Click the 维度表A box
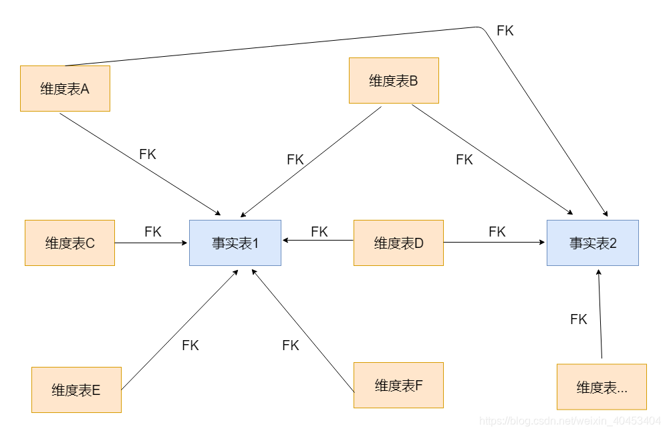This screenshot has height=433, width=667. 65,88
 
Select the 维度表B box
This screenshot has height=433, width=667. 394,81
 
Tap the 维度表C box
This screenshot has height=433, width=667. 70,243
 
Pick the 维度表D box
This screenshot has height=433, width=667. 398,243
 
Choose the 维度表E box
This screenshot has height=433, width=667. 76,390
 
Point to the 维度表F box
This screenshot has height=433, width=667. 398,386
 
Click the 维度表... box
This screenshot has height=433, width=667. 602,387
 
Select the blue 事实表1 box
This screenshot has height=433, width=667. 235,243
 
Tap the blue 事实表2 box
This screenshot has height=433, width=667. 592,243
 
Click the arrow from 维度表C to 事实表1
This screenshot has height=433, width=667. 152,243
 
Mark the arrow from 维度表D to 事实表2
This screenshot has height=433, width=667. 495,243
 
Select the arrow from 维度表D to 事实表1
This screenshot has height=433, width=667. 317,240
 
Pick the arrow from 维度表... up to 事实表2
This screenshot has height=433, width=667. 600,314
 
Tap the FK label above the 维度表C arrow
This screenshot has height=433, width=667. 153,232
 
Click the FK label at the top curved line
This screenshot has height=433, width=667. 505,31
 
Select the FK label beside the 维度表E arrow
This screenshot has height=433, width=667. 190,345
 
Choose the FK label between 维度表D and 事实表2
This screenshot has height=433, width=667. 497,232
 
